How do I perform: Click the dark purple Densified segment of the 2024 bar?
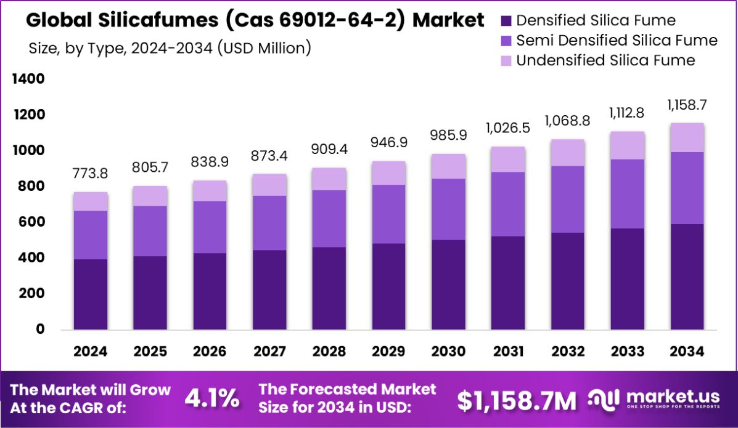(90, 294)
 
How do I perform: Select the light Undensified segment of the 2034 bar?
(687, 137)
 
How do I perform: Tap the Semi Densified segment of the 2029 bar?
(388, 214)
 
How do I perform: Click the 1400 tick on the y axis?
(28, 79)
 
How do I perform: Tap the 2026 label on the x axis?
(210, 351)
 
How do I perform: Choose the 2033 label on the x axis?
(627, 351)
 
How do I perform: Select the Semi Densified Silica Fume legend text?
(617, 41)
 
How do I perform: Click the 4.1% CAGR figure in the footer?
(212, 399)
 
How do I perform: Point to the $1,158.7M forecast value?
(517, 400)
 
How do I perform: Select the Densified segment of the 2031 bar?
(508, 283)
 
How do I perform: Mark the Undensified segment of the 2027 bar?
(269, 185)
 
